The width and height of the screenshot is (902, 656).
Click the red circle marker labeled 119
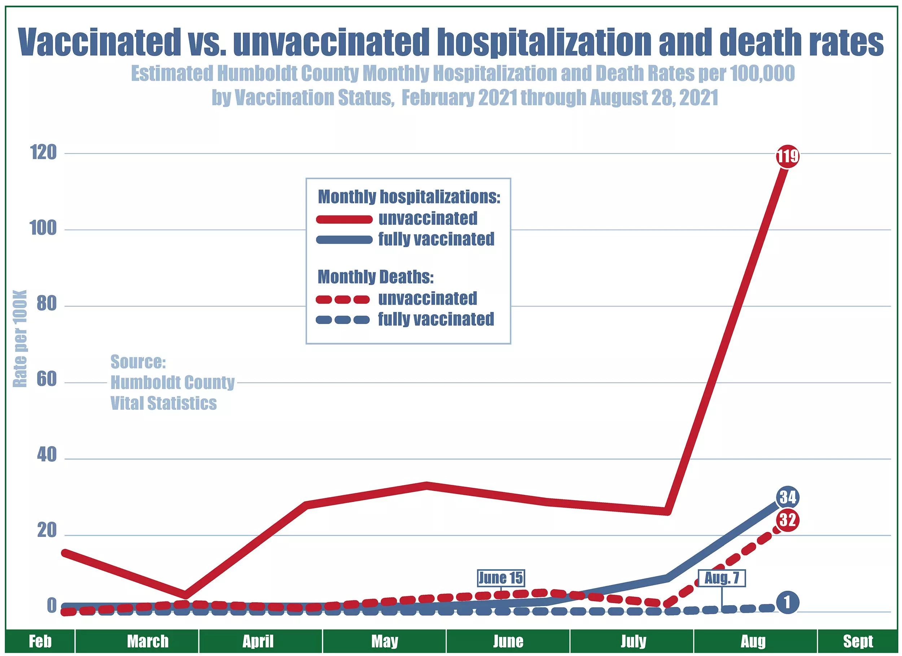pos(788,156)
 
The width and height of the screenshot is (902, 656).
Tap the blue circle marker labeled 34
pos(788,497)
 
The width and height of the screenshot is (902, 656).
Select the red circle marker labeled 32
pos(788,520)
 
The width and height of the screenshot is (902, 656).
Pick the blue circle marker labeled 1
pos(788,603)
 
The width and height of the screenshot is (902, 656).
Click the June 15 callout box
pos(501,578)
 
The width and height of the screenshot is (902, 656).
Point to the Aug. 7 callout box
pos(722,578)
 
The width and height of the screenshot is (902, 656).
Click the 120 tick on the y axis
pos(43,152)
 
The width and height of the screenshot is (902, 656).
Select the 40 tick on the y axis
pos(47,455)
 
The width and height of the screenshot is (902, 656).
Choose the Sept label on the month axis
pos(858,641)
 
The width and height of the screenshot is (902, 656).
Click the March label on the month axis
pos(148,641)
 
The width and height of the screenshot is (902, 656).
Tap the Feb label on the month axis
pos(40,641)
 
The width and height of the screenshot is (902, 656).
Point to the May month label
pos(385,641)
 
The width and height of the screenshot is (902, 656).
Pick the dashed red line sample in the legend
pos(343,299)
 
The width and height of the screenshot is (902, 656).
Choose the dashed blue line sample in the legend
pos(343,319)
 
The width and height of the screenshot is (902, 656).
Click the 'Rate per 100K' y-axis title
pos(20,338)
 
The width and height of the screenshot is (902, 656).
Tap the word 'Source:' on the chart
pos(138,362)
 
